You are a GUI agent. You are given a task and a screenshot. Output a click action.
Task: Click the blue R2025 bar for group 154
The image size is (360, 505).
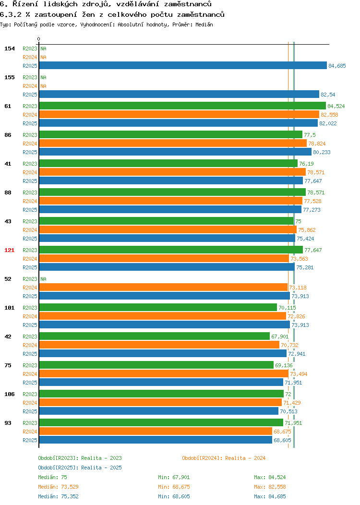point(183,66)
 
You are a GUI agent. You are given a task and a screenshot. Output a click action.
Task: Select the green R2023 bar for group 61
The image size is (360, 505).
point(182,106)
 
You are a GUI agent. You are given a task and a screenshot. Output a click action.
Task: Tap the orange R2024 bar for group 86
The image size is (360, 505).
point(173,144)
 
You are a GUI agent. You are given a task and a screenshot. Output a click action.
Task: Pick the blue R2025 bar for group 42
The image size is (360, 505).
point(163,354)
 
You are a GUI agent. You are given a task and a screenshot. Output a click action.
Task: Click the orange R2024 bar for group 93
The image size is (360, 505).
point(156,432)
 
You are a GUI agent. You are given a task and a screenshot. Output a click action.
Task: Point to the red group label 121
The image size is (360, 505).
point(9,250)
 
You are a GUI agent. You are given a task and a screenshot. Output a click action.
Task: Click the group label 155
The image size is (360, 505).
point(9,77)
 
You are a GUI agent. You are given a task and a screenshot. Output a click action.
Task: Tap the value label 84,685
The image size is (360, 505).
point(337,66)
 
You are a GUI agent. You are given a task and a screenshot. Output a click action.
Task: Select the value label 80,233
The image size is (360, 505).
point(322,152)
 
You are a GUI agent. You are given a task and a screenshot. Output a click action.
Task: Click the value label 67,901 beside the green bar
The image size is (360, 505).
point(280,337)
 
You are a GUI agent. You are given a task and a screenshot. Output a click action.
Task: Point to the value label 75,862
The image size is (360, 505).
point(307,230)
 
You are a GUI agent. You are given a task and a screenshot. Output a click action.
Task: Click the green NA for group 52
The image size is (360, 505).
point(44,279)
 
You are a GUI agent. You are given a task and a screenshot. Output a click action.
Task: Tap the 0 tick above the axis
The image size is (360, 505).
point(39,39)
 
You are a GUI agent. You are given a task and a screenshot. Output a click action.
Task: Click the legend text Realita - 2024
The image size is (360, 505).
point(245,458)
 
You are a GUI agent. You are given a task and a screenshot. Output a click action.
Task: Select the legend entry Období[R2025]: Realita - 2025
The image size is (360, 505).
point(80,468)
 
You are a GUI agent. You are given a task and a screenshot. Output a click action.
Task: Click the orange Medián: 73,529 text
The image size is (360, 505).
point(58,487)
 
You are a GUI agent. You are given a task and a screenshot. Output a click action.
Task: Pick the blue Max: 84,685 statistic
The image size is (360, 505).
point(270,497)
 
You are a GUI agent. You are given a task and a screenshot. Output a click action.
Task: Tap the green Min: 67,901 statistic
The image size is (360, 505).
point(174,477)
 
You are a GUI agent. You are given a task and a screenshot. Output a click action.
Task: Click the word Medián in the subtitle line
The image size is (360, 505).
point(204,24)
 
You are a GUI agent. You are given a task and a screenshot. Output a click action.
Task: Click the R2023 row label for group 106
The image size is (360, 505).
point(30,394)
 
